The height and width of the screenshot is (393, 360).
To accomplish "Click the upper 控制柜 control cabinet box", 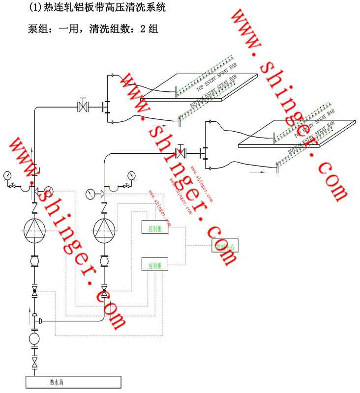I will coord(154,227).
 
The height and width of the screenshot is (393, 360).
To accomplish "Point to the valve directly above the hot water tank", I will coord(34,364).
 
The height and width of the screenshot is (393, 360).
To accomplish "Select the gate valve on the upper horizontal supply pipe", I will coord(82,106).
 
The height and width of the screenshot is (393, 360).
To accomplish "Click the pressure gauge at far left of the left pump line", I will coord(8,175).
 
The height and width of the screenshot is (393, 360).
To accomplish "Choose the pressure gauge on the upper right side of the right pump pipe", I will coord(130,175).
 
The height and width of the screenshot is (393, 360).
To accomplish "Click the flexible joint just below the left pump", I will coord(34,260).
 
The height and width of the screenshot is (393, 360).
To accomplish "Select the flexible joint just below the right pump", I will coord(104,260).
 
